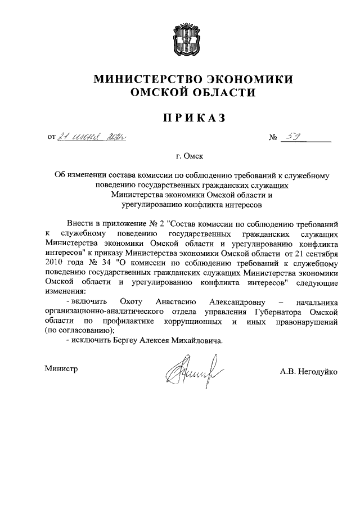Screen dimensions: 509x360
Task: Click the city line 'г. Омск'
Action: [180, 155]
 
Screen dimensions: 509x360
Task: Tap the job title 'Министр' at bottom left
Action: [61, 368]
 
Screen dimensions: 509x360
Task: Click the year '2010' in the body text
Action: [53, 262]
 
